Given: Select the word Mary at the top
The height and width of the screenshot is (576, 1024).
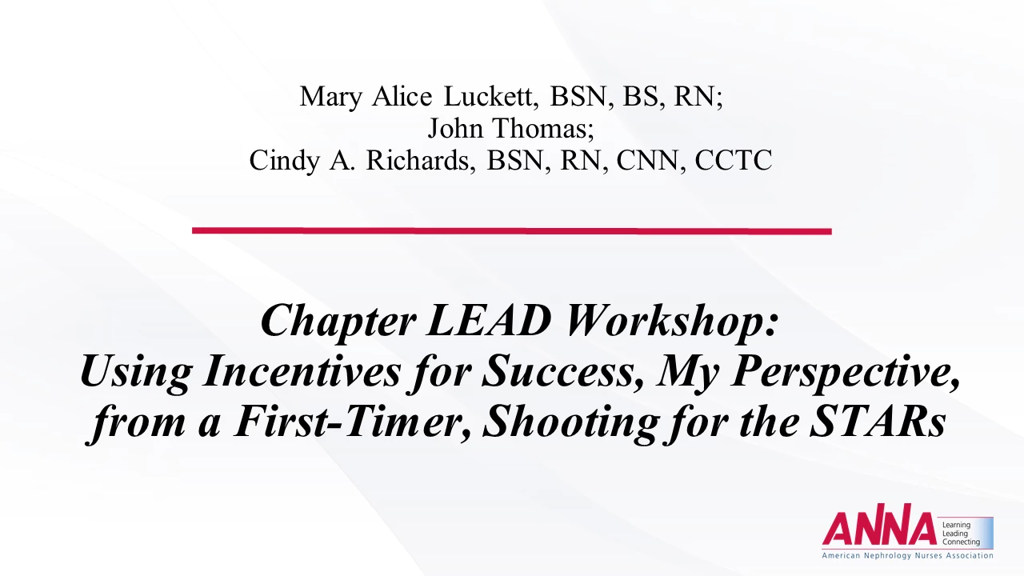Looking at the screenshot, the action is click(331, 98).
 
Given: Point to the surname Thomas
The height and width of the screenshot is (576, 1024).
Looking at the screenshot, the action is click(543, 128).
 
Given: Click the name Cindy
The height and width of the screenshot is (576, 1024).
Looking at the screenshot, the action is click(284, 161).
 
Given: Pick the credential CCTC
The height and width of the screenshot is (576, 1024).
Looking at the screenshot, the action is click(734, 161).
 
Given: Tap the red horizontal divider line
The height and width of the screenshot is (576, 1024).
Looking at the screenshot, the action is click(511, 231).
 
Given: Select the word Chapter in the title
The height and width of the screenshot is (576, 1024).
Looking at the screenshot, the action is click(338, 322).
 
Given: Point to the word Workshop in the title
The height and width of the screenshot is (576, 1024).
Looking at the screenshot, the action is click(671, 322).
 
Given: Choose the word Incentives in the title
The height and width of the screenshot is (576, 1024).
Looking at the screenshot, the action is click(302, 371).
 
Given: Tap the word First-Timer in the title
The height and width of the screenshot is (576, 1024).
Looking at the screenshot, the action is click(352, 422).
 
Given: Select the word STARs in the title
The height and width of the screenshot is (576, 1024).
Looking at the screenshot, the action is click(878, 421).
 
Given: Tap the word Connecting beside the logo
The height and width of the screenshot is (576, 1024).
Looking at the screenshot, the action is click(961, 542).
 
